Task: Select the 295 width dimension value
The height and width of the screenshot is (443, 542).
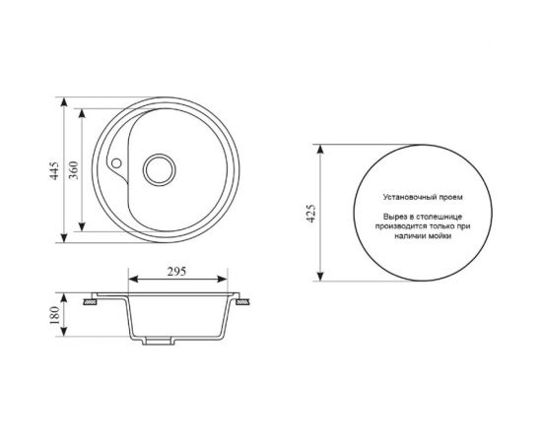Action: (177, 273)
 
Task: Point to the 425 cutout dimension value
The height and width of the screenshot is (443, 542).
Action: (310, 213)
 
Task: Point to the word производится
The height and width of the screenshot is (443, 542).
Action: (396, 223)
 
